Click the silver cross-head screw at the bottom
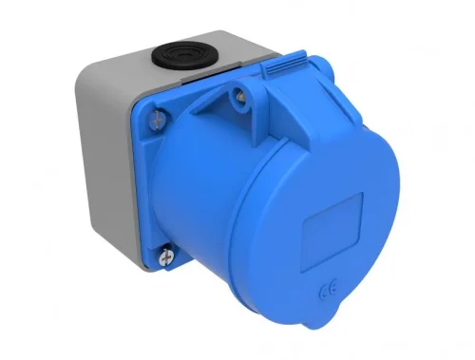pos(167,254)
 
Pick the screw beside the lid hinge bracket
pos(241,95)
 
